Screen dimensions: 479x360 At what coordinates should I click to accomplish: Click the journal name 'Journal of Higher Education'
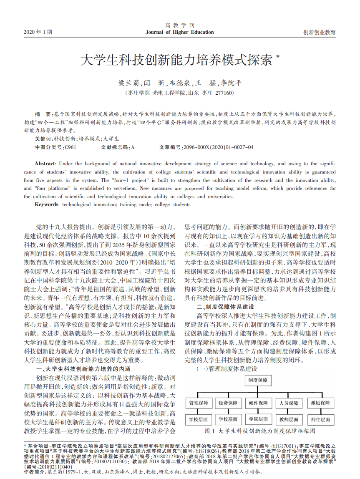tap(180, 32)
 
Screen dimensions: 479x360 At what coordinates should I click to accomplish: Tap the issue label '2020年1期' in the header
tap(38, 32)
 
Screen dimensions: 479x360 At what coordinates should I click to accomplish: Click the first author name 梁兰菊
tap(128, 83)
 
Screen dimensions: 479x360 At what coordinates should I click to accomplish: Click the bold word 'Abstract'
tap(45, 164)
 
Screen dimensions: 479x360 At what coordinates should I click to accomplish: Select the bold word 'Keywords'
tap(47, 204)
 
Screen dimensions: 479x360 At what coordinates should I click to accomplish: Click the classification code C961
tap(70, 147)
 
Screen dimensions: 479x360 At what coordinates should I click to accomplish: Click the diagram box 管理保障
tap(199, 403)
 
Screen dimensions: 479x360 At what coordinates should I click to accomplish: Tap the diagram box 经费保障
tap(228, 403)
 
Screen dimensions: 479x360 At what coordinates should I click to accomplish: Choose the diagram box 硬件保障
tap(259, 403)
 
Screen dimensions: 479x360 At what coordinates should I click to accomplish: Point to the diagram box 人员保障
tap(289, 403)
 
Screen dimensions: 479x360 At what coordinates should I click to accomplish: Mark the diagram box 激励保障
tap(320, 403)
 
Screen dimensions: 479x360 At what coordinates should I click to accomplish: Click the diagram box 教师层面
tap(289, 419)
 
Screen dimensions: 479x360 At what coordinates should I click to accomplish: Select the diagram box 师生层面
tap(320, 419)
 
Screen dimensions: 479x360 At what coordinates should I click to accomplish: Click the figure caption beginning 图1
tap(260, 431)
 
